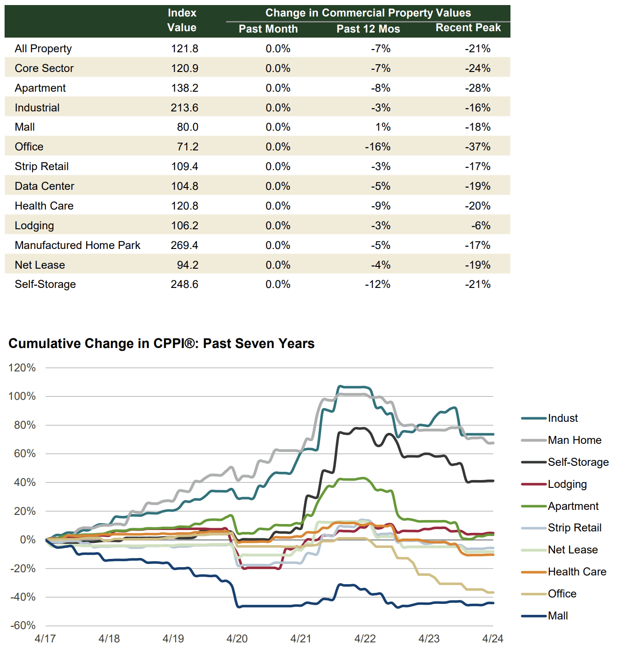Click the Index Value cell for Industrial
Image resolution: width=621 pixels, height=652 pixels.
pos(184,108)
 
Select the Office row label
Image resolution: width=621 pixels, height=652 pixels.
pos(29,147)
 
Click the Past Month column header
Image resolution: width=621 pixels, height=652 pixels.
pos(268,29)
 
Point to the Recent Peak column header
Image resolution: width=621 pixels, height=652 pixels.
pos(468,28)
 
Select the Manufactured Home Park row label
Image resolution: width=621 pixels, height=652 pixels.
pos(78,245)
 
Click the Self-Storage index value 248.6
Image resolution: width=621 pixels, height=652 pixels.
pos(184,284)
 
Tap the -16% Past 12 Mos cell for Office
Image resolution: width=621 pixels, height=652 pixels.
pos(377,147)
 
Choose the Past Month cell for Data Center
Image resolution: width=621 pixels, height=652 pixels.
pos(278,186)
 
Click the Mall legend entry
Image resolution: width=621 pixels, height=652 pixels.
pos(558,616)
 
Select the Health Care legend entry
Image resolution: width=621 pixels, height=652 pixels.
pos(577,572)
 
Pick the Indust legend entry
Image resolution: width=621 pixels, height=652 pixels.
pos(562,418)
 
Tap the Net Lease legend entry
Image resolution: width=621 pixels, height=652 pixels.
pos(572,550)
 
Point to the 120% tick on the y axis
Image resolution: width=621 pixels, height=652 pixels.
pos(22,368)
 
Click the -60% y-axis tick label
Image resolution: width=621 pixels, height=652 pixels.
pos(22,625)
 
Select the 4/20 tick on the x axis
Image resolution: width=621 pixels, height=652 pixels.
pos(237,639)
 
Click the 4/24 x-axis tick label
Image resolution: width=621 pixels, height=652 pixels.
pos(493,639)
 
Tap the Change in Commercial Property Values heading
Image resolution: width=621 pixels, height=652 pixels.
pos(368,13)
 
